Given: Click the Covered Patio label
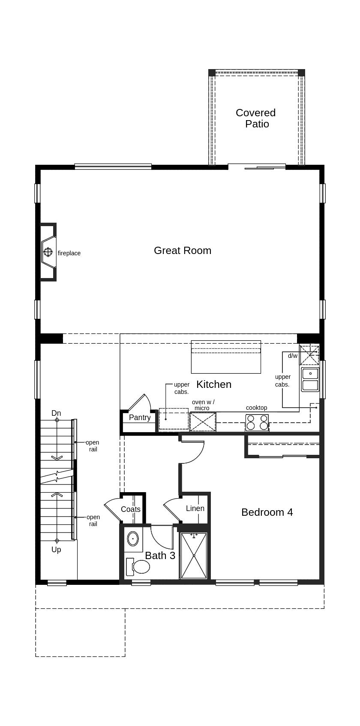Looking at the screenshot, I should click(x=256, y=118).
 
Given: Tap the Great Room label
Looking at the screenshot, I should click(x=183, y=251).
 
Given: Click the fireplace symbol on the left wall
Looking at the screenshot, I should click(x=48, y=252).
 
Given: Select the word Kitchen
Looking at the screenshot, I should click(x=214, y=384).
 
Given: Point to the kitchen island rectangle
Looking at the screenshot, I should click(x=226, y=357).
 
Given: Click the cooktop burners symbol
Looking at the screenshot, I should click(x=257, y=423).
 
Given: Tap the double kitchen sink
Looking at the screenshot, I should click(x=310, y=379).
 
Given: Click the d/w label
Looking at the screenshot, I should click(x=293, y=356).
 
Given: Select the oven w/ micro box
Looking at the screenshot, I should click(x=203, y=422).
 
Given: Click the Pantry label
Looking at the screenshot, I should click(x=140, y=417).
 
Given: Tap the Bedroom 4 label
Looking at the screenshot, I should click(x=267, y=512).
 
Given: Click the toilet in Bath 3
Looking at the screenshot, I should click(x=138, y=567).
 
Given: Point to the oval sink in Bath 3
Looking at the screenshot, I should click(x=133, y=538).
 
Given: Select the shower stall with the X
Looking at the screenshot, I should click(x=194, y=556).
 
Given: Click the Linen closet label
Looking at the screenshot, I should click(x=195, y=508).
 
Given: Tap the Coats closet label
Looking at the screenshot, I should click(x=131, y=509).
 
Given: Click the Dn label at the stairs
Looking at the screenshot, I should click(x=56, y=413).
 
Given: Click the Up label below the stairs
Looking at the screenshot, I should click(x=56, y=550).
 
